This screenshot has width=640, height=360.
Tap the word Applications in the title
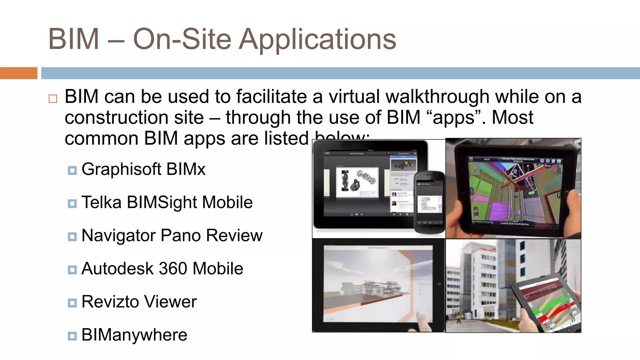(x=317, y=40)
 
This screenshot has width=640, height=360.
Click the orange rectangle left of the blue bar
(x=18, y=73)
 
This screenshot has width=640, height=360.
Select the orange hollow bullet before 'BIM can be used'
(x=53, y=99)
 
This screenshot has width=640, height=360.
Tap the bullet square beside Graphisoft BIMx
(x=72, y=171)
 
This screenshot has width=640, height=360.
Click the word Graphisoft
(x=121, y=170)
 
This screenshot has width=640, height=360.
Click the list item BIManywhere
(x=134, y=335)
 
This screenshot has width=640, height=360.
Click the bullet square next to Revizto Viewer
(x=72, y=303)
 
